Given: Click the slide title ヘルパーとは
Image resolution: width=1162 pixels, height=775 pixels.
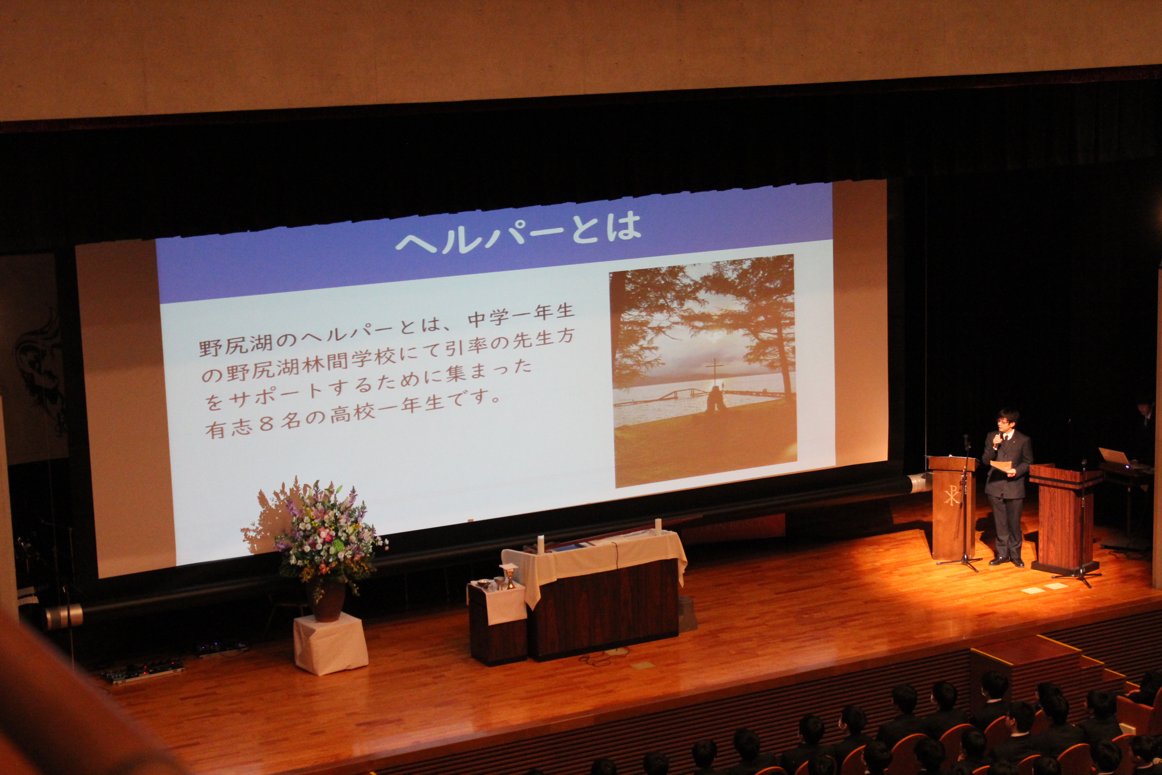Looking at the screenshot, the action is [519, 234].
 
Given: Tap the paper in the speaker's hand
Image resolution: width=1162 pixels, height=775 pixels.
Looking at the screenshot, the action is [1001, 467].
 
